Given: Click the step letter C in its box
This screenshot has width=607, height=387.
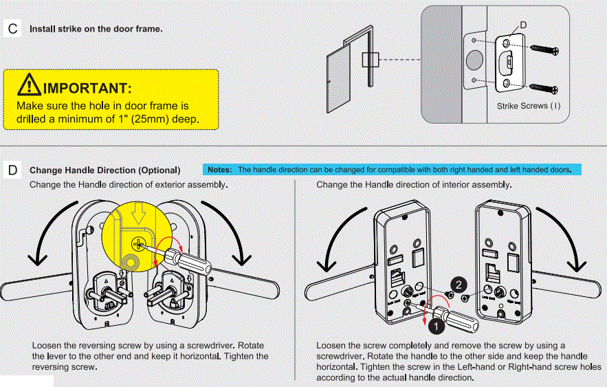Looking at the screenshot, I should [13, 29].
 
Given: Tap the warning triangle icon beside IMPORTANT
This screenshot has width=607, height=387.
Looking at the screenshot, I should [29, 85].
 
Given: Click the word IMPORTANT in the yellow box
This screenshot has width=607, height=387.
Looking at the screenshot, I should [87, 88].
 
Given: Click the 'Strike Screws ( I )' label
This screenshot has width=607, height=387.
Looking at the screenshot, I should [528, 107].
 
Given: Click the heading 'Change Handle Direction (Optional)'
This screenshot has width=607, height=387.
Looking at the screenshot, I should [104, 170].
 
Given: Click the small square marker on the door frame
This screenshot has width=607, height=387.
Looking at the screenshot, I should [370, 60].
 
